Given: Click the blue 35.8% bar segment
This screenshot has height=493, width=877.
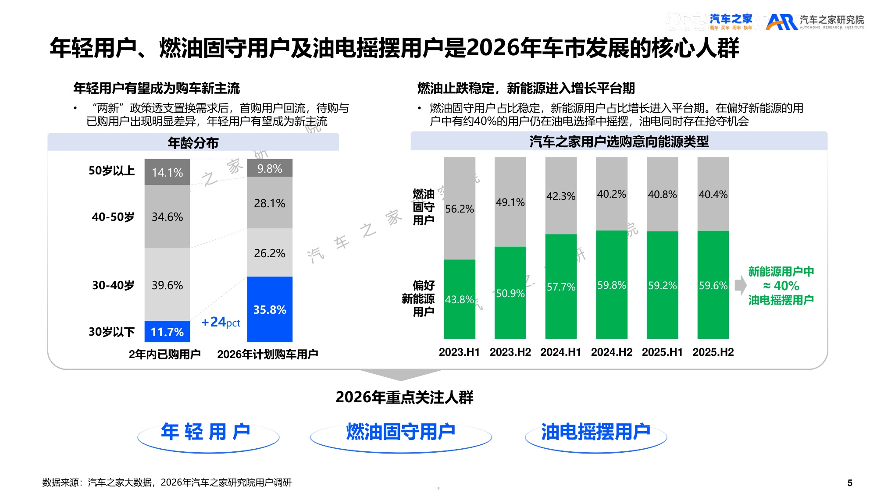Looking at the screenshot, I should coord(270,309).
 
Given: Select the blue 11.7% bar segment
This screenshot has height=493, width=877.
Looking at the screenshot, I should coord(167,331).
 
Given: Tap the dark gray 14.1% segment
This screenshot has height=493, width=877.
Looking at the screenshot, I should coord(167,172).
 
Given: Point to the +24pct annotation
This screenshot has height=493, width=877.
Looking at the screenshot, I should coord(221,322).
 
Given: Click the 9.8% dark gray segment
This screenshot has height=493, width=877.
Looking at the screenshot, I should coord(270,168).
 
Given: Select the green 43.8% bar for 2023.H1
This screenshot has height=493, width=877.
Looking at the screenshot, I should coord(459,299).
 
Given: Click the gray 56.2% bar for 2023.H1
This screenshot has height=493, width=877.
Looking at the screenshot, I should coord(459,209).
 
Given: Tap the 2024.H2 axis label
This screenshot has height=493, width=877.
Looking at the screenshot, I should coord(611,352).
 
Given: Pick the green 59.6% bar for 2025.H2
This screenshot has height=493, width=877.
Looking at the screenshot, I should coord(713,285).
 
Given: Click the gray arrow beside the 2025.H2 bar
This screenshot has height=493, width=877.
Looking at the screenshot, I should coord(740,285).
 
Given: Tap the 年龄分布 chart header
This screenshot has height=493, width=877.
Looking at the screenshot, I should coord(193,142).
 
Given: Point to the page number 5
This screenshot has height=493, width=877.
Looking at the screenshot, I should coord(849,483).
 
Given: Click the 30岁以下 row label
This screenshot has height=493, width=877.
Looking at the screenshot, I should coord(111,332).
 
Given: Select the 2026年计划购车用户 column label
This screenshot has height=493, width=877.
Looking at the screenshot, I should coord(267,354).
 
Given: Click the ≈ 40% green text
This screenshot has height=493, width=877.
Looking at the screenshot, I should coord(781,286).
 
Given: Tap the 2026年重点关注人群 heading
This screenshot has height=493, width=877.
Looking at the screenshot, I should coord(404,397).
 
